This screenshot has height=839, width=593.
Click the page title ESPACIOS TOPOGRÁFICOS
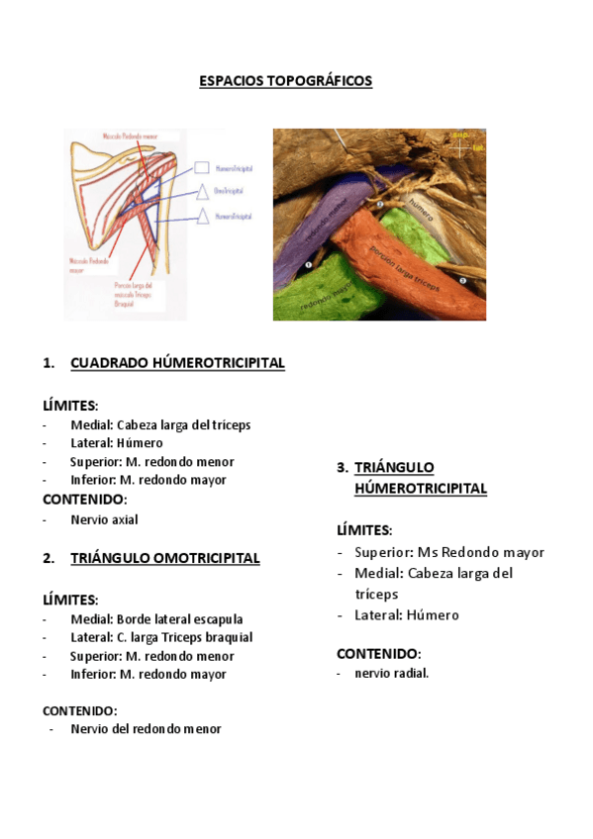pos(285,81)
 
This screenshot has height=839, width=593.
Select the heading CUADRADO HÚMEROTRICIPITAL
pos(177,363)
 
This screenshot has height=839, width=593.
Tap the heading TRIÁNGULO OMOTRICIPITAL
pos(164,558)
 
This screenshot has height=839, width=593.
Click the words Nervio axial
pos(104,519)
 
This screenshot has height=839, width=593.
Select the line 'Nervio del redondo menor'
pos(146,729)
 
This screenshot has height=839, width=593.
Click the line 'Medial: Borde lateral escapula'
pos(156,619)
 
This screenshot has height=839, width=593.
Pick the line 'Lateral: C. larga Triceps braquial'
pos(161,637)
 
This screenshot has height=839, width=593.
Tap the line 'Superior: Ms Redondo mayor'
pos(448,552)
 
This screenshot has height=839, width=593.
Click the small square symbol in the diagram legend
pos(202,169)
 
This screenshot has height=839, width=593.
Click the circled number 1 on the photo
pos(309,265)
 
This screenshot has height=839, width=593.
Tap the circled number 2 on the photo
pos(379,205)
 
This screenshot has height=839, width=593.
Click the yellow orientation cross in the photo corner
pos(460,146)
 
